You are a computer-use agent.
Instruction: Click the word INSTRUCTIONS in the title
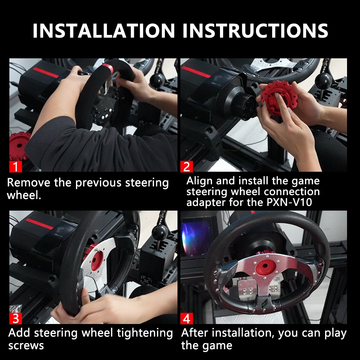click(255, 31)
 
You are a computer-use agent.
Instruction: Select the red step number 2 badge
click(186, 166)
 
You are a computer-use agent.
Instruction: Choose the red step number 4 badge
click(186, 318)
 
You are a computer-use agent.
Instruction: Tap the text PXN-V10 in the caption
click(289, 202)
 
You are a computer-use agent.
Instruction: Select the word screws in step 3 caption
click(26, 346)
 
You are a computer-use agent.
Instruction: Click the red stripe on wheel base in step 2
click(196, 72)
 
